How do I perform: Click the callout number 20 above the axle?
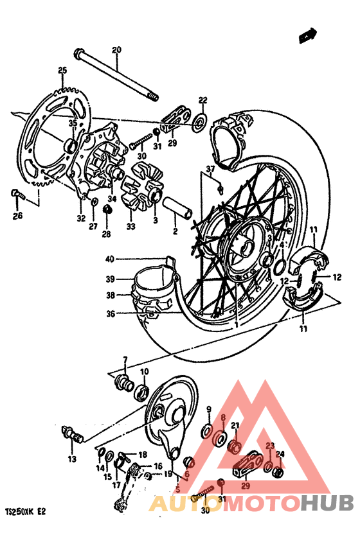click(x=116, y=50)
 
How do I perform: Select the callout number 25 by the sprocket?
click(x=62, y=71)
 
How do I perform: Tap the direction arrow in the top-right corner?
click(x=309, y=35)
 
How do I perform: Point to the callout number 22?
click(x=203, y=100)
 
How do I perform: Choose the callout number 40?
click(x=110, y=259)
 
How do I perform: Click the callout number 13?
click(x=72, y=459)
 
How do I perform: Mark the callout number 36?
click(x=110, y=314)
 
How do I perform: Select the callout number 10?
click(x=144, y=372)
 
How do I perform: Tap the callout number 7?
click(x=125, y=359)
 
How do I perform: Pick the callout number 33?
click(x=131, y=226)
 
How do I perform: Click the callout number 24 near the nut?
click(x=280, y=453)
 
